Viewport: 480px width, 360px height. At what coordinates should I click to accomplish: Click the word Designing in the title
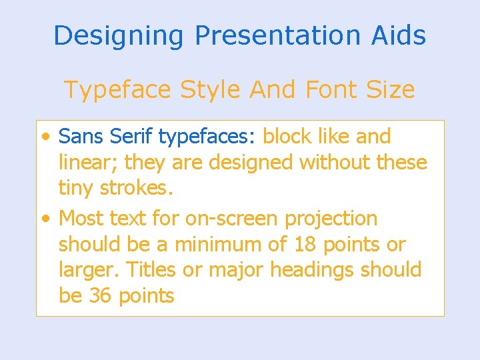click(x=118, y=36)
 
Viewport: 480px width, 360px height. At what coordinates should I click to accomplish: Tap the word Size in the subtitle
click(x=390, y=89)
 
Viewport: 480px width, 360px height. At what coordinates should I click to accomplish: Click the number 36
click(x=99, y=295)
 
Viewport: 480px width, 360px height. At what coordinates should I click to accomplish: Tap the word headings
click(x=313, y=270)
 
